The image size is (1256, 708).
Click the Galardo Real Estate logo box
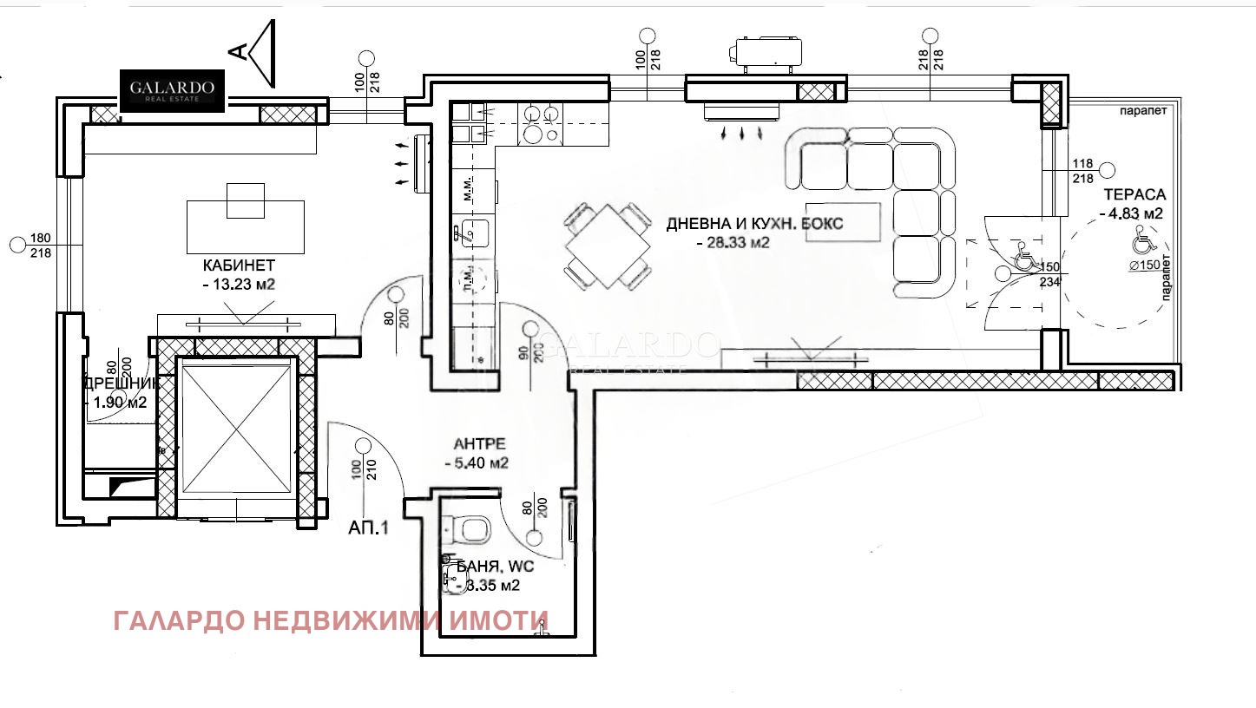[173, 90]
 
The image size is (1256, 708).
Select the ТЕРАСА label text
[1134, 194]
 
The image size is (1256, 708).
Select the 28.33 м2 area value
[733, 243]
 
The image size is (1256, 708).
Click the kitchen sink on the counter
[474, 233]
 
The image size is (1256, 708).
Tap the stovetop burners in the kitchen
[539, 123]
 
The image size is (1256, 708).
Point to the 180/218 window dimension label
[39, 246]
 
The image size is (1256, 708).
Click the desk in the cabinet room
[246, 225]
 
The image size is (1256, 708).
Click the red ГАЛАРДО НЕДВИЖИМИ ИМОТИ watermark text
[331, 620]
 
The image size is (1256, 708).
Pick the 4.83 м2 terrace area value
[1130, 213]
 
